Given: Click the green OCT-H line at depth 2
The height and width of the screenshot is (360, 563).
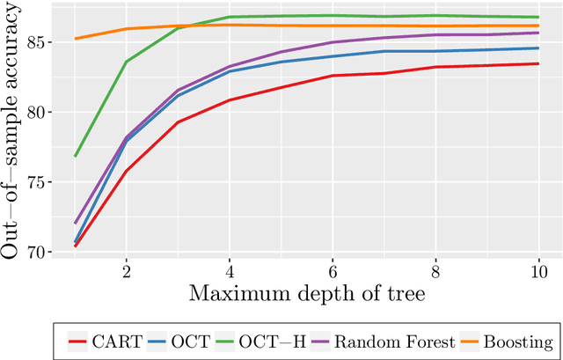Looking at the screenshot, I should (x=126, y=62).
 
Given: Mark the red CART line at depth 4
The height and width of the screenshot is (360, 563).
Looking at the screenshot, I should (x=229, y=100).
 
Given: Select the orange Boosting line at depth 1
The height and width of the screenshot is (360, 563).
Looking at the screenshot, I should (x=75, y=39).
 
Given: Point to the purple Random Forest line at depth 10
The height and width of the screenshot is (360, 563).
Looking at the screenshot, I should (x=537, y=33).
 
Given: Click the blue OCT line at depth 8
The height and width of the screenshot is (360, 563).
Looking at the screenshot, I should (x=435, y=51).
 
